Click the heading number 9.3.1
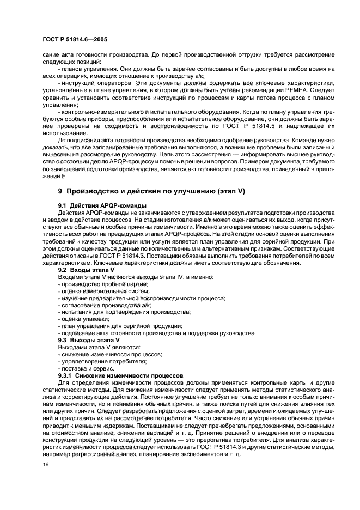click(x=65, y=375)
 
